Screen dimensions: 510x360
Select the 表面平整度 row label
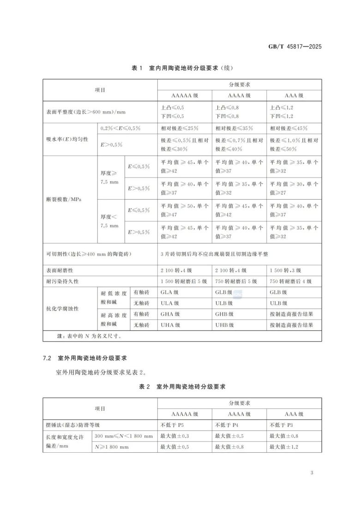[86, 112]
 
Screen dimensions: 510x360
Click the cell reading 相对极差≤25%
[180, 128]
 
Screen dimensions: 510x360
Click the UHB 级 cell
[224, 325]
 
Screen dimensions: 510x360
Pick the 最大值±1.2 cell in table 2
[283, 447]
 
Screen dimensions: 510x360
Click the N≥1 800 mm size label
[112, 447]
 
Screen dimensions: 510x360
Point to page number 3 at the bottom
[312, 473]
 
